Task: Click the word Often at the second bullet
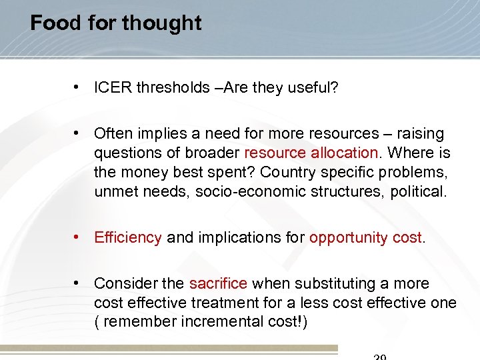coord(112,134)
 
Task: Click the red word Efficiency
coord(128,237)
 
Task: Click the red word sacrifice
coord(218,284)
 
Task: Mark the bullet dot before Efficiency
coord(79,237)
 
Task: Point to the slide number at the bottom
coord(379,357)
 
